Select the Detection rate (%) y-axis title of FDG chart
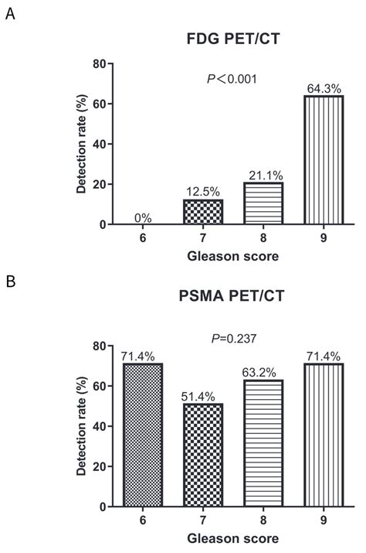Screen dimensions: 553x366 point(81,145)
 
